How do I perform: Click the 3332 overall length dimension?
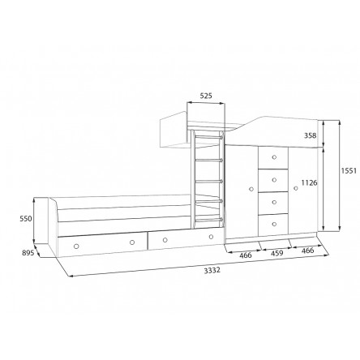(212, 270)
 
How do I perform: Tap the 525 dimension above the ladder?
(206, 96)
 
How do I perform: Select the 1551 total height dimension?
(349, 171)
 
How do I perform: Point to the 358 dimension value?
(310, 135)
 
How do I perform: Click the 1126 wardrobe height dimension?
(309, 183)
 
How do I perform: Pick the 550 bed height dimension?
(26, 218)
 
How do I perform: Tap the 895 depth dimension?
(28, 253)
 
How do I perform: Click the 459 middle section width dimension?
(277, 253)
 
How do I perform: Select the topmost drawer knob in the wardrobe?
(274, 157)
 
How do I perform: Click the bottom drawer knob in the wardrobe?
(274, 224)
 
